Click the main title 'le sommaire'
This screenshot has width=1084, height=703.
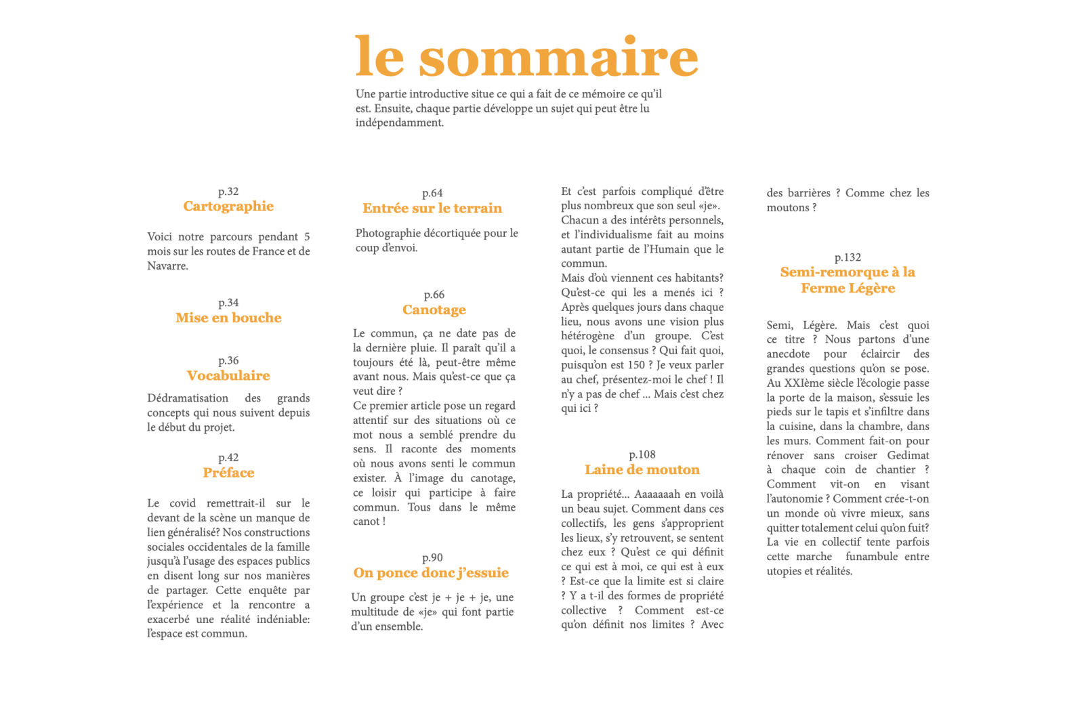coord(526,57)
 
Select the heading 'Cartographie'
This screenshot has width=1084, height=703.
coord(228,207)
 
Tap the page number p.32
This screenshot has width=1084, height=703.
coord(228,192)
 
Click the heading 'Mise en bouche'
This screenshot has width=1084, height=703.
coord(228,318)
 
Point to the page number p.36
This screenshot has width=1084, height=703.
coord(228,360)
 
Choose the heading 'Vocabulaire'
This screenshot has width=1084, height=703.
coord(228,375)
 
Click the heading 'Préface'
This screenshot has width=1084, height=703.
coord(228,473)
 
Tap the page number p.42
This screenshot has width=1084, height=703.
coord(228,458)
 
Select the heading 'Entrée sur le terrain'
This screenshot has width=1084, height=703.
coord(432,208)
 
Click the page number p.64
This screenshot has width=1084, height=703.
coord(432,193)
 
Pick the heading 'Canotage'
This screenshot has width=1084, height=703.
coord(434,310)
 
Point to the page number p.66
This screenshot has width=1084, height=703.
coord(434,295)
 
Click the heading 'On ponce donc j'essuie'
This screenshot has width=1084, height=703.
coord(431,573)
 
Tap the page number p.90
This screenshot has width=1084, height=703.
coord(432,557)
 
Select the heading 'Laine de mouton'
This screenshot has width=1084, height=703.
coord(642,469)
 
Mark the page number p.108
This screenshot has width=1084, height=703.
coord(642,454)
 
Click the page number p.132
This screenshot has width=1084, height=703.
coord(848,257)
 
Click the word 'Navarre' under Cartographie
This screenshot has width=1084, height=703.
coord(166,266)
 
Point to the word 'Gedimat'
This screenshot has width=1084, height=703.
coord(908,455)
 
